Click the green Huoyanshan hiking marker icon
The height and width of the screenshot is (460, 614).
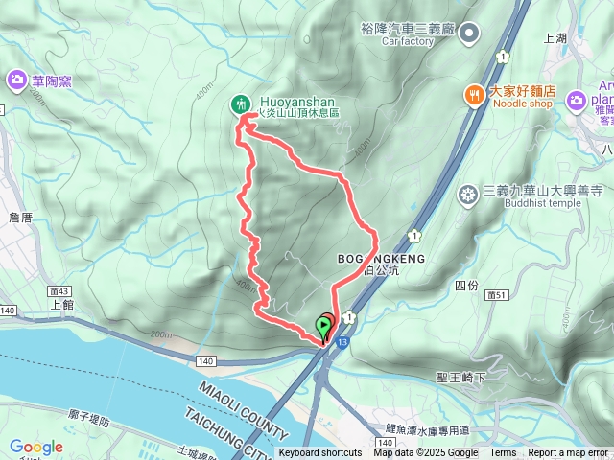point(240,103)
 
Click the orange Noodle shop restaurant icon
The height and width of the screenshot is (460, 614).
point(473,94)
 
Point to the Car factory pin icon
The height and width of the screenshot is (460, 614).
point(469,34)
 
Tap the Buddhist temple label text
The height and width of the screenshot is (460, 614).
point(520,204)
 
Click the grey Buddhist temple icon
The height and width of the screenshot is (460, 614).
point(468,195)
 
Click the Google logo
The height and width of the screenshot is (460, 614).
point(36,447)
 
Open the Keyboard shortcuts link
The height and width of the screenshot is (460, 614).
point(320,453)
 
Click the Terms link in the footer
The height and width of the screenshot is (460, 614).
point(503,453)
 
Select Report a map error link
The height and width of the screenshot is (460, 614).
point(568,453)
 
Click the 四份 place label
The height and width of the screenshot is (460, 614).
point(466,286)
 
